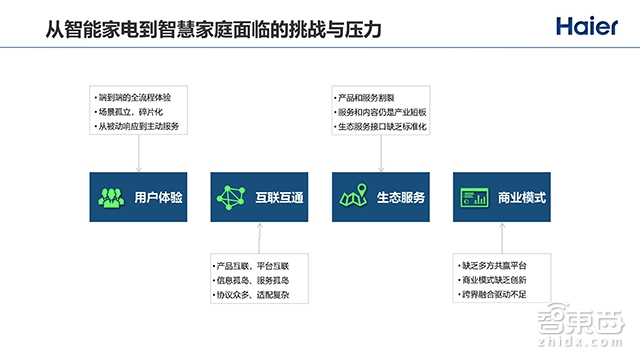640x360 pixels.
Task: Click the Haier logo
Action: coord(588,25)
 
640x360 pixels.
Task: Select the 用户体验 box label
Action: coord(159,197)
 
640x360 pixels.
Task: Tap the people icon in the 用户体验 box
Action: coord(111,197)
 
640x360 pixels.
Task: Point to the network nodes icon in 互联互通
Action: coord(233,197)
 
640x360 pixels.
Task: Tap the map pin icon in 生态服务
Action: coord(354,197)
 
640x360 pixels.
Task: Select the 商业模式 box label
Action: coord(521,197)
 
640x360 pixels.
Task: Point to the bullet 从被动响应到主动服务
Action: coord(141,128)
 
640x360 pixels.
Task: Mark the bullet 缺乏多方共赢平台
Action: coord(499,267)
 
